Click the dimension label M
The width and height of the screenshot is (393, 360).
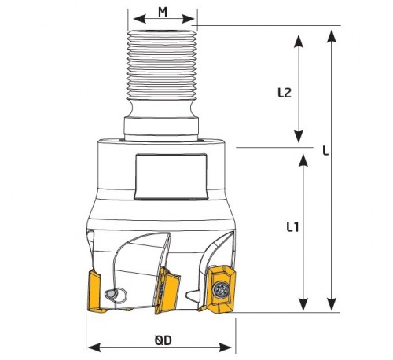[x=163, y=12]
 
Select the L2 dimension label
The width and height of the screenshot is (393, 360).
[x=285, y=93]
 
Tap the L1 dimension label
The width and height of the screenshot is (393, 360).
[x=292, y=227]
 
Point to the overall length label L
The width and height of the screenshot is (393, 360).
[x=325, y=151]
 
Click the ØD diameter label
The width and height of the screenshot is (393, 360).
[x=163, y=340]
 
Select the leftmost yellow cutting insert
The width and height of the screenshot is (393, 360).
[x=95, y=292]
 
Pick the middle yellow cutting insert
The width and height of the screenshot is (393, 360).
[x=167, y=290]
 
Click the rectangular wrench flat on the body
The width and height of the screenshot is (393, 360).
[x=171, y=177]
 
